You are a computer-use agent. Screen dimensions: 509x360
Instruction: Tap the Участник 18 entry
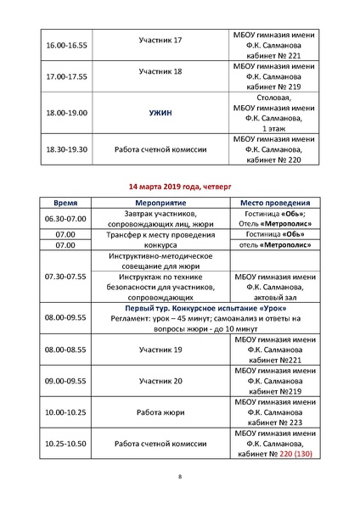pos(160,75)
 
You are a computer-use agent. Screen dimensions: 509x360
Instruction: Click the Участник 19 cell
pos(160,350)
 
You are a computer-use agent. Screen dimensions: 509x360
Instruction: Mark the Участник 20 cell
pos(160,382)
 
